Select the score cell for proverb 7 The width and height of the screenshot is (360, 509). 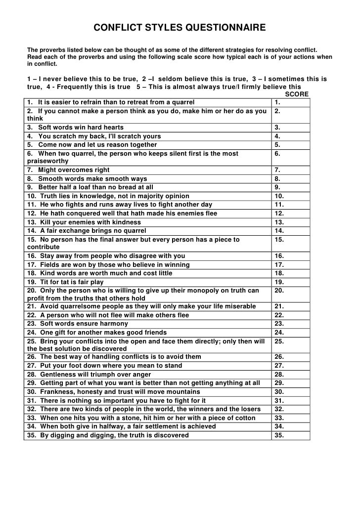(291, 170)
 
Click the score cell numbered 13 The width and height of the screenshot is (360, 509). (291, 222)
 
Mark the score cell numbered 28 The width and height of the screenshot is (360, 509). (291, 374)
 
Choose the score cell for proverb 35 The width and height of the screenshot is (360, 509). (291, 435)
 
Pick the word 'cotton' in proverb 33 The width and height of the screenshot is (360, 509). (244, 418)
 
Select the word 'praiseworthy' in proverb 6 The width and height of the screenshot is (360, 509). (45, 161)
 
